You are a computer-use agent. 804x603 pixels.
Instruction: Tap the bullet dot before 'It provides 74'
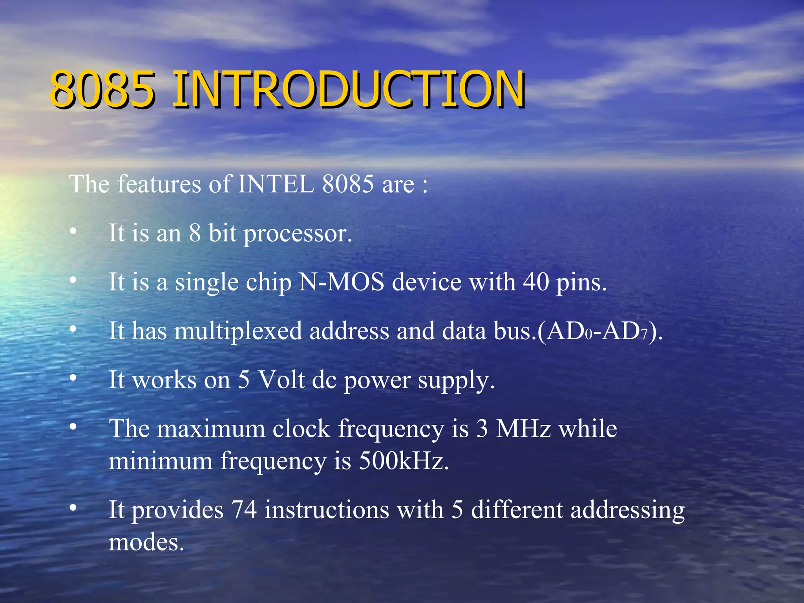pyautogui.click(x=73, y=508)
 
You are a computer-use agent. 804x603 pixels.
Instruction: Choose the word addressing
pyautogui.click(x=627, y=510)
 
